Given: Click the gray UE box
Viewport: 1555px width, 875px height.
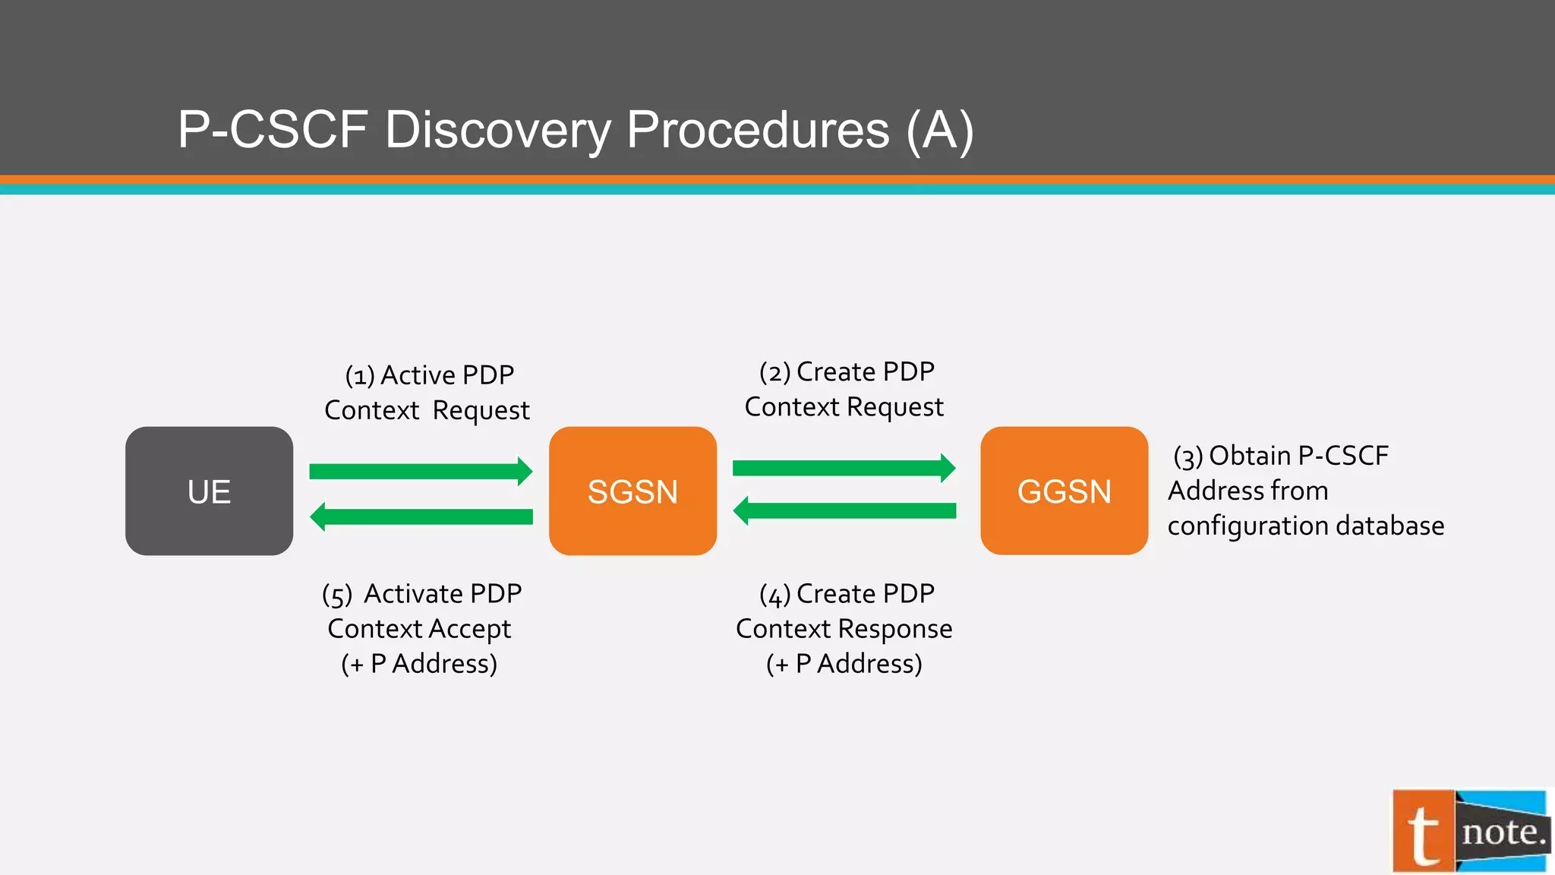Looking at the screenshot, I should click(x=209, y=491).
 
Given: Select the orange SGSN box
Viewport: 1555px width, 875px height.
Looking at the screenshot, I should click(x=632, y=491).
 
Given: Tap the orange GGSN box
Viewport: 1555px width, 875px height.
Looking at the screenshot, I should click(x=1064, y=491).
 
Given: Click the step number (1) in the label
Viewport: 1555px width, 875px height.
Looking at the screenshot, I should click(x=360, y=376).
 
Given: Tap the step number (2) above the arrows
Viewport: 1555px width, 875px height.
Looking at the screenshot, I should click(x=774, y=373).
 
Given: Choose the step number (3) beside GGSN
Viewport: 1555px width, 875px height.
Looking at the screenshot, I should click(x=1188, y=456).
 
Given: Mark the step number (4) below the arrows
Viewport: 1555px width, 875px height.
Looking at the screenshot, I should click(x=774, y=595).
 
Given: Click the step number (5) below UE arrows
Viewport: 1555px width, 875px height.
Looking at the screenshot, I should click(x=337, y=595).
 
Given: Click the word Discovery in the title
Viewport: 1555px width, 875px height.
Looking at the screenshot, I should click(x=498, y=129).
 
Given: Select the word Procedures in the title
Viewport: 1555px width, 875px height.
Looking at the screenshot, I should click(x=758, y=129).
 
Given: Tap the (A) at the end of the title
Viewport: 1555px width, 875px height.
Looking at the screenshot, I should click(x=940, y=131).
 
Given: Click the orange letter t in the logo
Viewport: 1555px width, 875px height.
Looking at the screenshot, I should click(x=1423, y=833).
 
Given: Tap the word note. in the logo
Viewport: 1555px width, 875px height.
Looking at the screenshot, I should click(x=1503, y=832).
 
